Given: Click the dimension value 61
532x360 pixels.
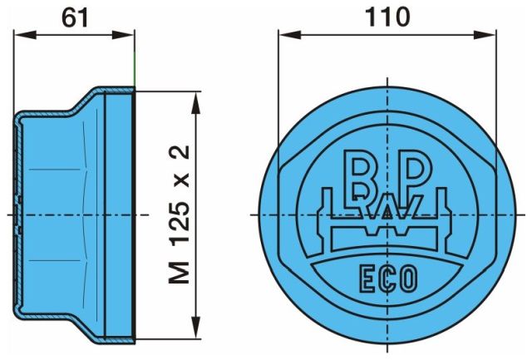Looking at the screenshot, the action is (x=75, y=18).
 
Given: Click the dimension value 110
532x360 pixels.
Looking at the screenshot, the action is (x=387, y=17).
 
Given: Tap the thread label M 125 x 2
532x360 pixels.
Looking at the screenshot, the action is (x=180, y=215).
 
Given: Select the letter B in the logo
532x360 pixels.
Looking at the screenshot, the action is (x=360, y=176).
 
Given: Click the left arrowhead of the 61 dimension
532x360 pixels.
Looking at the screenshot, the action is (x=25, y=35).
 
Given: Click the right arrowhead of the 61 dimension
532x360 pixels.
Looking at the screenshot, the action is (x=124, y=35).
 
